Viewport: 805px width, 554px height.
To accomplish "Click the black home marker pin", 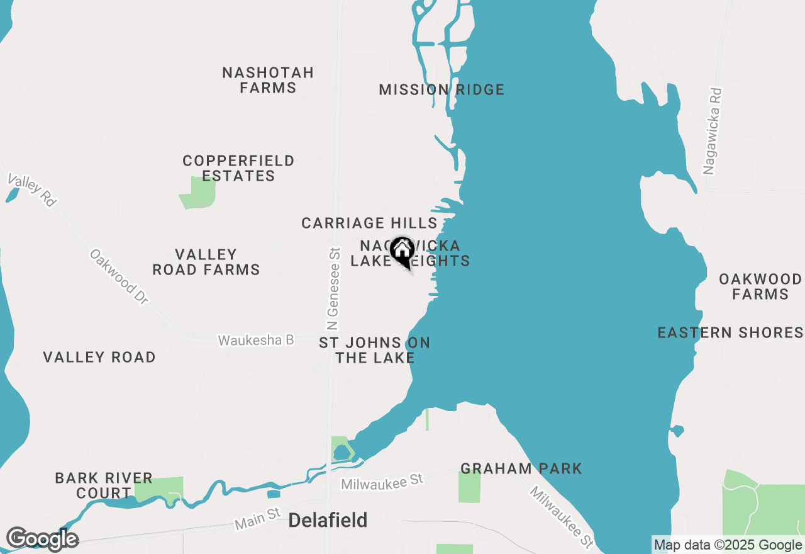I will point(402,252).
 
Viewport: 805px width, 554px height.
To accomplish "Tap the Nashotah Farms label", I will point(268,80).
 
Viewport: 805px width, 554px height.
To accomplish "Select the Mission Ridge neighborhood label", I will point(441,90).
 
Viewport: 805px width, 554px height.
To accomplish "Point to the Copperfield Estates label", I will point(238,168).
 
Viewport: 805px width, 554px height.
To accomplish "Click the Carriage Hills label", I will point(369,223).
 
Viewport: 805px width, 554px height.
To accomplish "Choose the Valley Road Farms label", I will point(206,262).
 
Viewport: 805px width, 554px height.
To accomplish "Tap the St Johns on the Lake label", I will point(375,350).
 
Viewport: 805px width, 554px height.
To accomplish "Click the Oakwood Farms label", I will point(760,286).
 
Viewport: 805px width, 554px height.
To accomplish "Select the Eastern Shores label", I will point(730,332).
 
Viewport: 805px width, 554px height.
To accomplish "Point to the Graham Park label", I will point(521,468).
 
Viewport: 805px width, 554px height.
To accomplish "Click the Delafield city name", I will point(328,521).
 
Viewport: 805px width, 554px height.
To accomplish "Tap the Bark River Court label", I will point(104,485).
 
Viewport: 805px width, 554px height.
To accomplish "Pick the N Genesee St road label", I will point(333,288).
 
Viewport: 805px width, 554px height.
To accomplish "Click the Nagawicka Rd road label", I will point(712,131).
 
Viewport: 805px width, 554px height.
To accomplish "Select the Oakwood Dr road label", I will point(119,277).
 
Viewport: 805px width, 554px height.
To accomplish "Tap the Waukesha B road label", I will point(256,340).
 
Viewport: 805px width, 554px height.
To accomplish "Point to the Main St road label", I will point(257,519).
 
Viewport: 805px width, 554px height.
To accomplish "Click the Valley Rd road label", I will point(32,189).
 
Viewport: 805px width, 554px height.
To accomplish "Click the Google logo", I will point(42,539).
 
